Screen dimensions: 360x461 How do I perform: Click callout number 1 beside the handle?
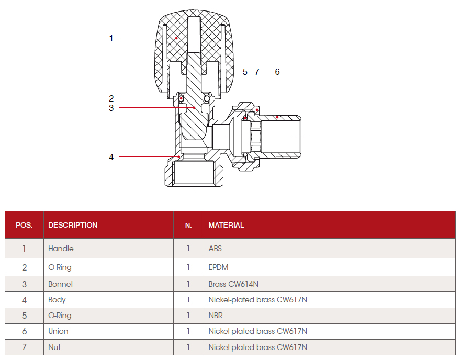point(111,38)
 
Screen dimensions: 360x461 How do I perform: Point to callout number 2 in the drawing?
point(111,98)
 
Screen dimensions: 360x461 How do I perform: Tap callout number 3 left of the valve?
point(111,108)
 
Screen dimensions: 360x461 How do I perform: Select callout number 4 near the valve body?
point(111,156)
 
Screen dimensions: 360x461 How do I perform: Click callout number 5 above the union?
point(245,72)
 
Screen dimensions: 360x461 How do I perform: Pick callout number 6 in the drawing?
point(277,72)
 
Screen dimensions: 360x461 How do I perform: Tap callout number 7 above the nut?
point(257,72)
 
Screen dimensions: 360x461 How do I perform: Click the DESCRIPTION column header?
point(73,225)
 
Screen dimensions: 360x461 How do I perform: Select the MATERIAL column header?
point(226,225)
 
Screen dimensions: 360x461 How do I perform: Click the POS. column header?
point(24,225)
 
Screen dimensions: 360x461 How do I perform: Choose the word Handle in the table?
point(61,249)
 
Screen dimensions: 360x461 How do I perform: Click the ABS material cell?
point(215,249)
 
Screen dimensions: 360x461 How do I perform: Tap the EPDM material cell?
point(218,267)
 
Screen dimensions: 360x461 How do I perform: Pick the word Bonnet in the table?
point(61,284)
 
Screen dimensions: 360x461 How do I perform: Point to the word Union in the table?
point(58,331)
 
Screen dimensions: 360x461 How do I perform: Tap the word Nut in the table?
point(54,347)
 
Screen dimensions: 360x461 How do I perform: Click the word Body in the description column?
point(57,300)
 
